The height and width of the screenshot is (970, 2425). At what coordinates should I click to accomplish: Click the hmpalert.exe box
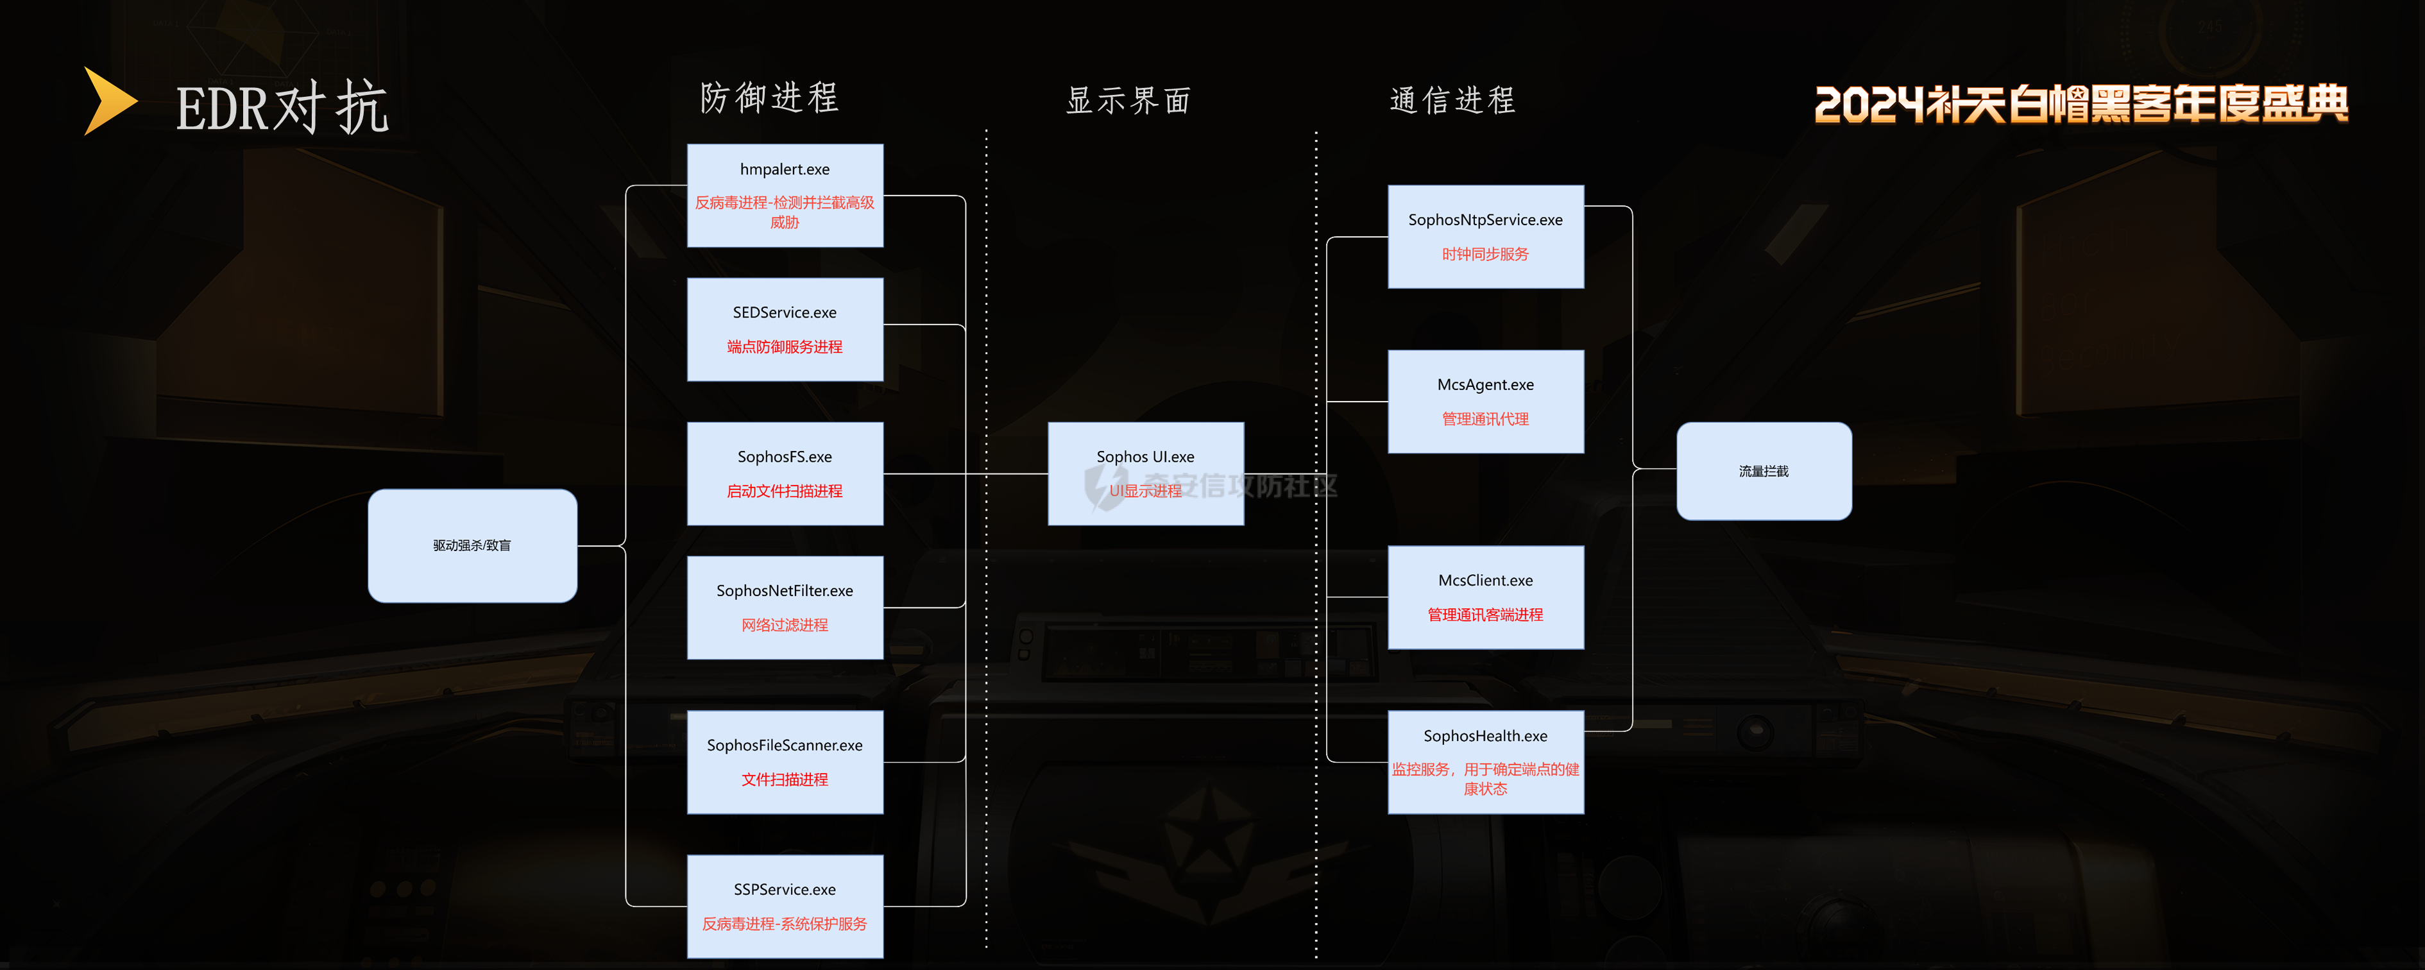click(784, 195)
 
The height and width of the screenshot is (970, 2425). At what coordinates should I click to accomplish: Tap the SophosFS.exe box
click(784, 473)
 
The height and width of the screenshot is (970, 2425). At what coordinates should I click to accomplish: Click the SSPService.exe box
click(784, 905)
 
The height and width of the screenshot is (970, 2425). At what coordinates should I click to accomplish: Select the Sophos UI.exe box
click(1144, 473)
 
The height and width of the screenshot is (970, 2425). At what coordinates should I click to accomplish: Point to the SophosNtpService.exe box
click(1485, 235)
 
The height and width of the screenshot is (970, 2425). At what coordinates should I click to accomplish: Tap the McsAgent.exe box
click(1485, 401)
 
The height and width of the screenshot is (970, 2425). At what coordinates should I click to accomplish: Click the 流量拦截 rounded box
click(1763, 471)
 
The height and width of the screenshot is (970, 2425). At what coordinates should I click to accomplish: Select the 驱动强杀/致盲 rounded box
click(472, 545)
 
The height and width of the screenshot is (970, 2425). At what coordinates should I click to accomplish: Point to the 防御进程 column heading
click(769, 98)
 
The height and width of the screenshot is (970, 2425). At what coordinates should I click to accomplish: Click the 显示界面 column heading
click(1128, 100)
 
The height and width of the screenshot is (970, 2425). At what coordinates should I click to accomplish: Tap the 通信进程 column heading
click(1452, 100)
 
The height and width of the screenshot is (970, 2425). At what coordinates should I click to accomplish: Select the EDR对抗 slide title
click(282, 107)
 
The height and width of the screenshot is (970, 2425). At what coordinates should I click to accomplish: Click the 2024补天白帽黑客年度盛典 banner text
click(2080, 103)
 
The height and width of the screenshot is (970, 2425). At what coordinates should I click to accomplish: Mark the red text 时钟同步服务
click(1485, 254)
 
